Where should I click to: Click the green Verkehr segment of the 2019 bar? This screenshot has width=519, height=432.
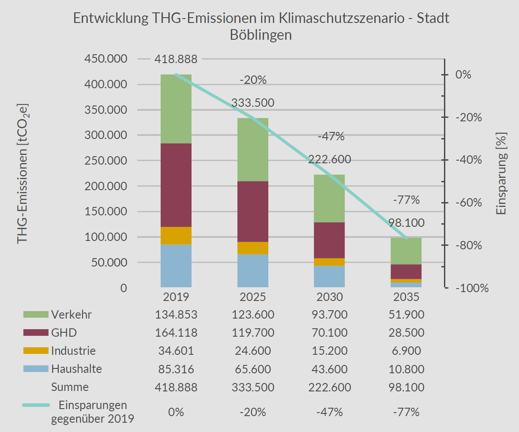[x=176, y=109]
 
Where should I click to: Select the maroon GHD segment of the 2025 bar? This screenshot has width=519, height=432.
[x=253, y=211]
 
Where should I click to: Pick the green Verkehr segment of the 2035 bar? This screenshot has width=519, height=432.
[x=406, y=251]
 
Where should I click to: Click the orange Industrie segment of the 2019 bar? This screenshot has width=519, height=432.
[x=176, y=236]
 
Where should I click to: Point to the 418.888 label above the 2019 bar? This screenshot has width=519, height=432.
[x=176, y=59]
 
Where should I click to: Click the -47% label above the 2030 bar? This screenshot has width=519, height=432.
[x=331, y=136]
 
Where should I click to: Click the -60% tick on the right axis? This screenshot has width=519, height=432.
[x=472, y=203]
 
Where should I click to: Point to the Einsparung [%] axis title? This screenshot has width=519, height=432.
[x=501, y=173]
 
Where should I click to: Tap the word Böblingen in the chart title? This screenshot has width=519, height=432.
[x=261, y=35]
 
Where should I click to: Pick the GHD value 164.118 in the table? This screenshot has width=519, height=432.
[x=176, y=333]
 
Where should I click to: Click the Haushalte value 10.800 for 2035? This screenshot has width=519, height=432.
[x=406, y=369]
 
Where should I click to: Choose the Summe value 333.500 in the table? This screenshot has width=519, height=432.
[x=253, y=387]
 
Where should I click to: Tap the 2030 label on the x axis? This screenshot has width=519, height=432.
[x=329, y=297]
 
